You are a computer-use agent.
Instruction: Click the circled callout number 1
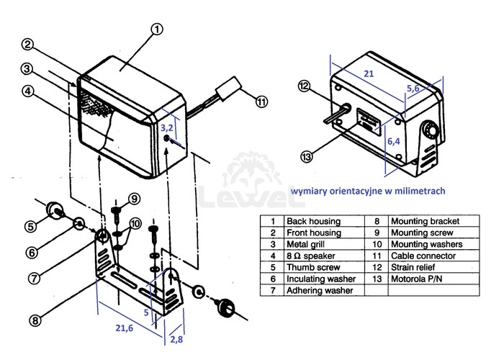(x=157, y=30)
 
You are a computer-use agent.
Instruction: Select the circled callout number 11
(x=261, y=102)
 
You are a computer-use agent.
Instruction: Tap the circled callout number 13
(x=306, y=156)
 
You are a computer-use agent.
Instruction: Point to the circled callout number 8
(x=35, y=320)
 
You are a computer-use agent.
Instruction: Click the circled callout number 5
(x=31, y=226)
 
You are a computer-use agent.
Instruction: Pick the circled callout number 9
(x=135, y=199)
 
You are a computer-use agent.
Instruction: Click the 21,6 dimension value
(x=125, y=328)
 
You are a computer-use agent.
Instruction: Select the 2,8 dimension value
(x=176, y=339)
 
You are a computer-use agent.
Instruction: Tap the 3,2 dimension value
(x=167, y=127)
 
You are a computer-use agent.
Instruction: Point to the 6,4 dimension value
(x=394, y=141)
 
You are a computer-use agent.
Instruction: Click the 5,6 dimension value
(x=413, y=88)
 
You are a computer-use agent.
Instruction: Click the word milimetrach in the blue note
(x=420, y=191)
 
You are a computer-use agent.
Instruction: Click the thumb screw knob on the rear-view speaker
(x=430, y=130)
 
